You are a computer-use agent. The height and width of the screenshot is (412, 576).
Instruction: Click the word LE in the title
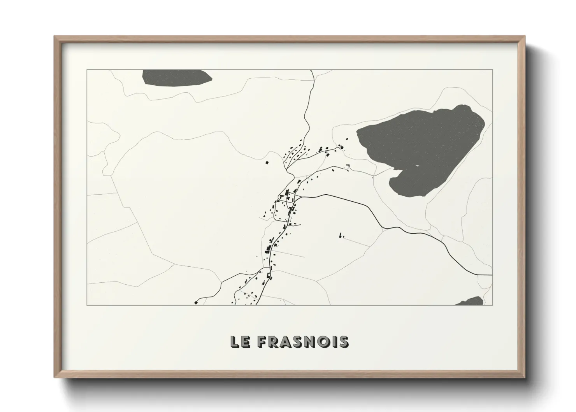(240, 342)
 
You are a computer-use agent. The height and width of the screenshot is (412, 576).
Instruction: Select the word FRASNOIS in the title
(303, 342)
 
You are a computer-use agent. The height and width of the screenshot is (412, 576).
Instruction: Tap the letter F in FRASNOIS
(262, 342)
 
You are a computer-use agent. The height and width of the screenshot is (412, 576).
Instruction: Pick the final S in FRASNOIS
(343, 342)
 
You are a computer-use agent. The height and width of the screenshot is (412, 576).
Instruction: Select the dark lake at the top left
(175, 77)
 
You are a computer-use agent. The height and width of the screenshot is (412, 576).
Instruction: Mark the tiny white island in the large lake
(417, 166)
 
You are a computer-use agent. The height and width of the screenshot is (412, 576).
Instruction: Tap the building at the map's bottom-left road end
(196, 302)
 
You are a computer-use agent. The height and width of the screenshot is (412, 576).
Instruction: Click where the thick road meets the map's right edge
(492, 275)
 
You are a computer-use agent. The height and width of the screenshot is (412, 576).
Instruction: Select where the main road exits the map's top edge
(311, 71)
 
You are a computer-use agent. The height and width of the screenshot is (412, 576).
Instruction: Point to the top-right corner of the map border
(492, 70)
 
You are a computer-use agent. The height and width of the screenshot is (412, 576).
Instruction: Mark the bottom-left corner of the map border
(87, 305)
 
